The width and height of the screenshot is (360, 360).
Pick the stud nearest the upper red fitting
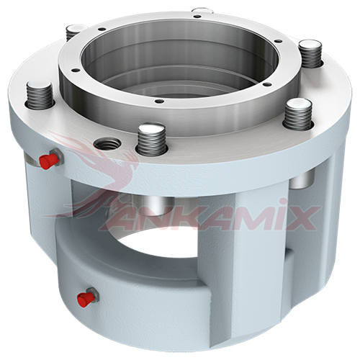click(40, 94)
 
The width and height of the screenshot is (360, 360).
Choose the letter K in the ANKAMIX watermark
click(168, 219)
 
